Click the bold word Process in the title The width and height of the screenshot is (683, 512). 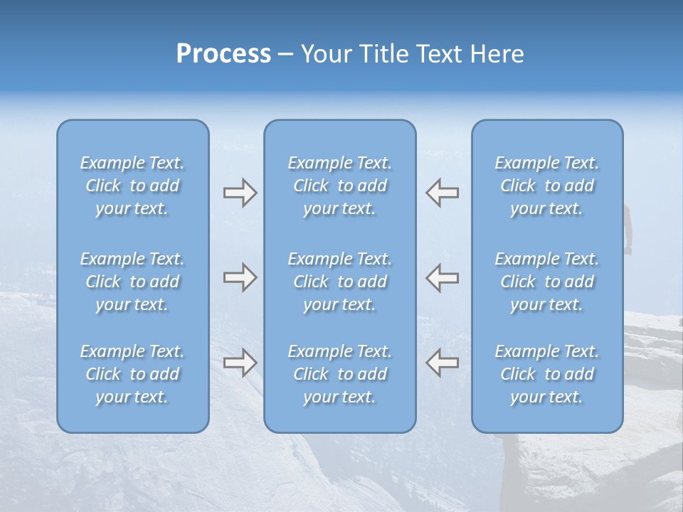223,54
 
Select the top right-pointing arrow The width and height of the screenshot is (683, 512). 240,193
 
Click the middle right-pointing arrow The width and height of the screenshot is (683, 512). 240,277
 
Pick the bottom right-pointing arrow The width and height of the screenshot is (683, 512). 240,362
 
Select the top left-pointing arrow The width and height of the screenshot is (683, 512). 443,193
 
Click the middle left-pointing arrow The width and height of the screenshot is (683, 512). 443,277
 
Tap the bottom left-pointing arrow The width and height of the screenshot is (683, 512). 443,362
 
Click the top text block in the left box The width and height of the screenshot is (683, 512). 132,186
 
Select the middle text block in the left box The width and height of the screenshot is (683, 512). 132,282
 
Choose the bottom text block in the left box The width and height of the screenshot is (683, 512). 132,374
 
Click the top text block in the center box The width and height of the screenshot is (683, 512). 339,186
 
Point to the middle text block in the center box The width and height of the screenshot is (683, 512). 339,282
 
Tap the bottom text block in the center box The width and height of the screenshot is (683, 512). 339,374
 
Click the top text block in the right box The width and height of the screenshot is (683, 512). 546,186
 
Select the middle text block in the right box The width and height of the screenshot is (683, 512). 546,282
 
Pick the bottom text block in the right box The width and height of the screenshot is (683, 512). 546,374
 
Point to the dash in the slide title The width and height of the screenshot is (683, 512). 286,55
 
